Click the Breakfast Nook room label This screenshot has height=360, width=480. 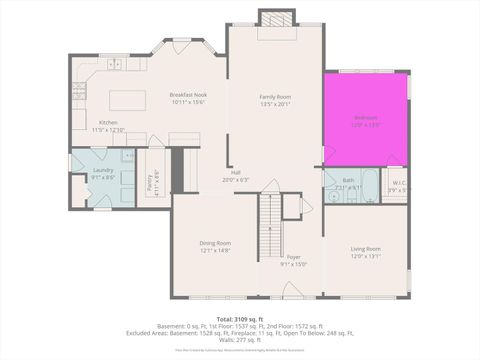pyautogui.click(x=187, y=94)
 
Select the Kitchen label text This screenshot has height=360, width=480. pyautogui.click(x=107, y=122)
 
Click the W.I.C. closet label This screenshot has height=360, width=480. pyautogui.click(x=398, y=182)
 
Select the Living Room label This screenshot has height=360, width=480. pyautogui.click(x=365, y=248)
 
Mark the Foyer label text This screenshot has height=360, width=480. pyautogui.click(x=293, y=257)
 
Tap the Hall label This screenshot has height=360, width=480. pyautogui.click(x=236, y=172)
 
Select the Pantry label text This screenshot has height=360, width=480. pyautogui.click(x=150, y=181)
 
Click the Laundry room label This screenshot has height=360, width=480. pyautogui.click(x=103, y=170)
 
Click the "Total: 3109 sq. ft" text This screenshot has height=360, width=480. pyautogui.click(x=239, y=317)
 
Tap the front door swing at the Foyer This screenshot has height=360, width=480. pyautogui.click(x=292, y=291)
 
